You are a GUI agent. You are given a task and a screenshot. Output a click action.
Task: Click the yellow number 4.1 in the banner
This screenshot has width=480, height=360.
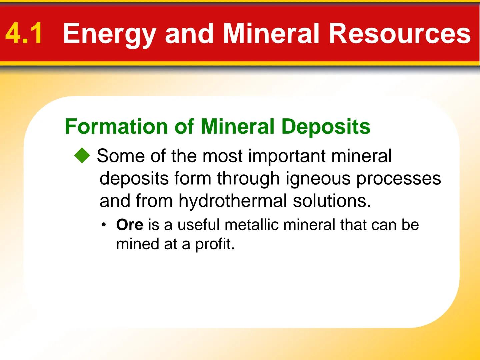click(x=24, y=33)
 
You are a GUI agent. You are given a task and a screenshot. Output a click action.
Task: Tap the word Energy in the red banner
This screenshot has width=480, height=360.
click(x=109, y=34)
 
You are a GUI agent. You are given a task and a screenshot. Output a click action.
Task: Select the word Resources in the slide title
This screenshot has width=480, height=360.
click(x=399, y=33)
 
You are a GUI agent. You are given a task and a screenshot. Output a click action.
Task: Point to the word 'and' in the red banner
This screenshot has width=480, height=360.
click(x=189, y=33)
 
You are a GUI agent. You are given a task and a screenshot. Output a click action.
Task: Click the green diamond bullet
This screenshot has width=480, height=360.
click(x=82, y=156)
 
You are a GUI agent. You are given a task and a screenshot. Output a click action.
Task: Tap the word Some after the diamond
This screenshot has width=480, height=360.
click(x=121, y=156)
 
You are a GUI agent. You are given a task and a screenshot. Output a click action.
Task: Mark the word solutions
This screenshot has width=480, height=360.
click(x=332, y=201)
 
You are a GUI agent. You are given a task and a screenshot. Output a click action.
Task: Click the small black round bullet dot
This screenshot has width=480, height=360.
click(x=104, y=225)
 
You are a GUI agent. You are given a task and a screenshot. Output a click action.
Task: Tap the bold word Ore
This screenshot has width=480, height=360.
click(x=129, y=225)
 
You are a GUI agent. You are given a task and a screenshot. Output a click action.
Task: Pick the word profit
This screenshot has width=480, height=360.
click(x=215, y=244)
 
